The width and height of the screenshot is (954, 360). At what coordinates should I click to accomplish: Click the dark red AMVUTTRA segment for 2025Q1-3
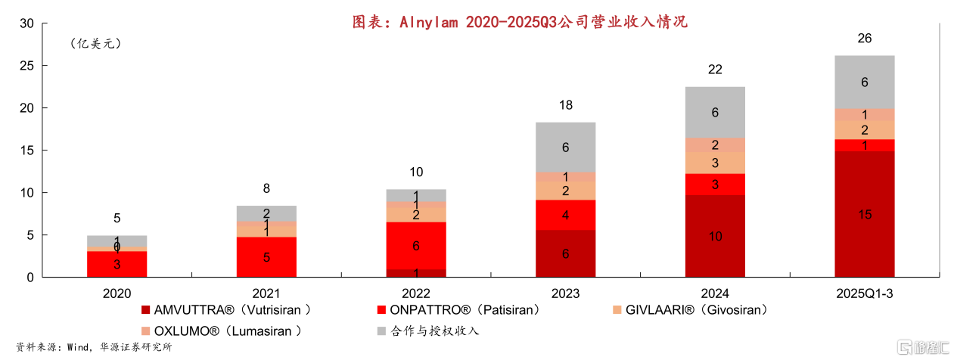click(865, 214)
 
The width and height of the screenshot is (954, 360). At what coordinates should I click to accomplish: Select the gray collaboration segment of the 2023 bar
click(565, 147)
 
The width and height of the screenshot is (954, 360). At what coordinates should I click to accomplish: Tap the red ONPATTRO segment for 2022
click(415, 246)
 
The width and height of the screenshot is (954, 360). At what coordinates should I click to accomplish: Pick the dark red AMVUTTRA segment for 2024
click(715, 236)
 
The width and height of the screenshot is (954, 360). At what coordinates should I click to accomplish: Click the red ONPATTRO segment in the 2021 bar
click(266, 257)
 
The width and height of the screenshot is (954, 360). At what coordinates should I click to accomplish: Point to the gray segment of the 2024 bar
click(715, 112)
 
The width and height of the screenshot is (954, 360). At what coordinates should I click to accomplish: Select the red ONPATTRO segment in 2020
click(117, 264)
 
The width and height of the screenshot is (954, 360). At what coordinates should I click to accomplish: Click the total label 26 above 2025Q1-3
click(865, 39)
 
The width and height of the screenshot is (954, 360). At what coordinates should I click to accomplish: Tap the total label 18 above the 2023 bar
click(565, 105)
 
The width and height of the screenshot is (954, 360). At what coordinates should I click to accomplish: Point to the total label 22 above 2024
click(715, 70)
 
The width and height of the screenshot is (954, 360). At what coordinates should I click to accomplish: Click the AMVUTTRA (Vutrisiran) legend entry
click(226, 309)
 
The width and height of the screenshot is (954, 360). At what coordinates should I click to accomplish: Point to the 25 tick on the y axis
click(26, 66)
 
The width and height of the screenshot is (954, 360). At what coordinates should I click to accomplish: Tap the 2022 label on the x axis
click(415, 293)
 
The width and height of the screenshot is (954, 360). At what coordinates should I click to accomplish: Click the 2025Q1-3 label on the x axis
click(865, 293)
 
